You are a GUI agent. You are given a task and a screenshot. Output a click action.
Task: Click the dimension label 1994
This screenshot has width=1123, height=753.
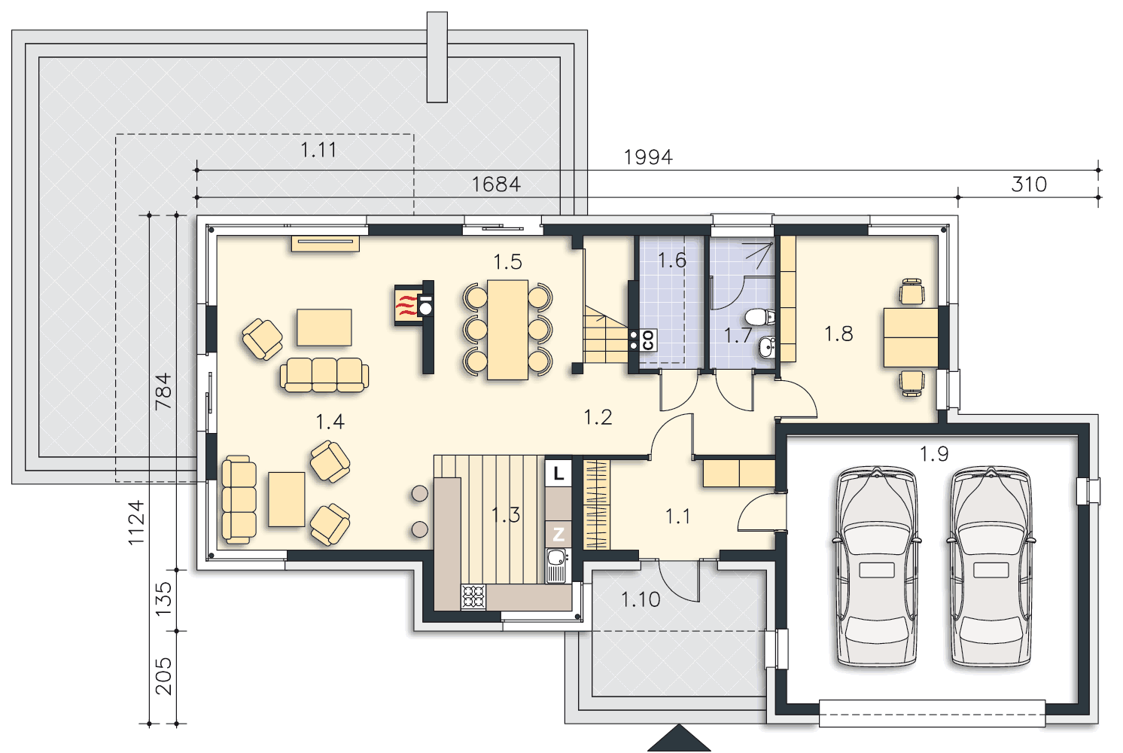click(648, 157)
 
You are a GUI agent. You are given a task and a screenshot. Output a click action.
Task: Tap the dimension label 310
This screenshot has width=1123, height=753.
click(1029, 184)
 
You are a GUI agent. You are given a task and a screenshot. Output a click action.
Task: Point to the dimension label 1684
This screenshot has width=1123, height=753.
click(496, 184)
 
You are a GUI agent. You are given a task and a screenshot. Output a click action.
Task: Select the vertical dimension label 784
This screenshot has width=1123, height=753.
click(163, 392)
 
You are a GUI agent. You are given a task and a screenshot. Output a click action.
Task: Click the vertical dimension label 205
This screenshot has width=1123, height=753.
click(163, 676)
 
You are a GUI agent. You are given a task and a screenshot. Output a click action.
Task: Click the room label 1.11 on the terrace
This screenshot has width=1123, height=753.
click(318, 150)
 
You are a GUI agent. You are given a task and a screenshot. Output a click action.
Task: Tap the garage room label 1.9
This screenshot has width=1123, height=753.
click(934, 454)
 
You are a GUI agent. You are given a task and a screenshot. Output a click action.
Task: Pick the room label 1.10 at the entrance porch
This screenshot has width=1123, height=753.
click(641, 599)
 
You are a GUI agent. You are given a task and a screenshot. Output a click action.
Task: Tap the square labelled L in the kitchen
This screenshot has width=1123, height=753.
click(558, 473)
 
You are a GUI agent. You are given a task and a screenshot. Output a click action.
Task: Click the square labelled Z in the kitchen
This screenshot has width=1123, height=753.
click(558, 534)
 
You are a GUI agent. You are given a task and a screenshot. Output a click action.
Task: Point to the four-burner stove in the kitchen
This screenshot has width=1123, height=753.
click(473, 597)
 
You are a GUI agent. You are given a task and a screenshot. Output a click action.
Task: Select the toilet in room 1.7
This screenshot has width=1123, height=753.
click(760, 317)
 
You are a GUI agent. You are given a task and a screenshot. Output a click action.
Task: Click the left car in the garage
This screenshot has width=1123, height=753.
click(876, 567)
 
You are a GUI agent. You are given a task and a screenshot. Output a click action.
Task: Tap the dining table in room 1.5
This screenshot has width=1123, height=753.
click(507, 330)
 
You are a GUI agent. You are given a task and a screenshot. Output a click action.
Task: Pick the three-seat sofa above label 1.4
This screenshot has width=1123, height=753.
click(324, 374)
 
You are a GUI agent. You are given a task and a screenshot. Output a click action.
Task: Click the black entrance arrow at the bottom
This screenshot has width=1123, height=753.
click(679, 738)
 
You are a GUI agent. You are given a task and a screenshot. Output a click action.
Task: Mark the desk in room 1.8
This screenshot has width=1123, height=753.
click(911, 337)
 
